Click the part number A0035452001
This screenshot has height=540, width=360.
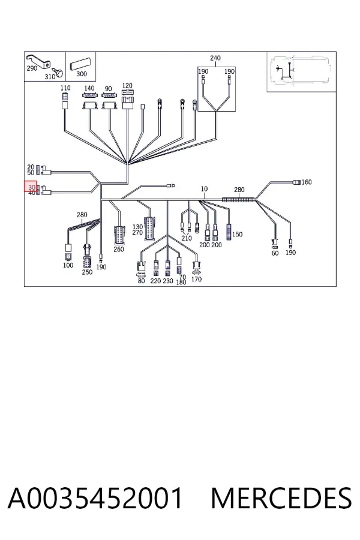pyautogui.click(x=95, y=498)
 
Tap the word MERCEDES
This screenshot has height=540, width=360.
pyautogui.click(x=281, y=498)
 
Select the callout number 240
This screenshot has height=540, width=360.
pyautogui.click(x=215, y=58)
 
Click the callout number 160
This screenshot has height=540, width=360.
pyautogui.click(x=307, y=182)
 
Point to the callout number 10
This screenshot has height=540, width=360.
pyautogui.click(x=204, y=189)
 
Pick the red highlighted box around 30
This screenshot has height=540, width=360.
pyautogui.click(x=31, y=187)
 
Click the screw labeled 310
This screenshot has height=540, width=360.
pyautogui.click(x=60, y=73)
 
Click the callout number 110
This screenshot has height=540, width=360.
pyautogui.click(x=65, y=88)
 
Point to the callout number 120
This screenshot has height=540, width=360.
pyautogui.click(x=127, y=85)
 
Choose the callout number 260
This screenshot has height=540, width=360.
pyautogui.click(x=119, y=249)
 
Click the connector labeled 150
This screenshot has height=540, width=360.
pyautogui.click(x=229, y=232)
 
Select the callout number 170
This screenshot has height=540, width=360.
pyautogui.click(x=196, y=279)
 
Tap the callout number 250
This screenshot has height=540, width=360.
pyautogui.click(x=87, y=272)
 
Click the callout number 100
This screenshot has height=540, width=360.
pyautogui.click(x=68, y=265)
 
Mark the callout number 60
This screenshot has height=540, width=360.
pyautogui.click(x=275, y=253)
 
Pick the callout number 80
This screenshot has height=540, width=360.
pyautogui.click(x=141, y=281)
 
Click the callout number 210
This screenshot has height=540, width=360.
pyautogui.click(x=187, y=238)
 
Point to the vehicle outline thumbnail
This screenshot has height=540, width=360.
pyautogui.click(x=301, y=71)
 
